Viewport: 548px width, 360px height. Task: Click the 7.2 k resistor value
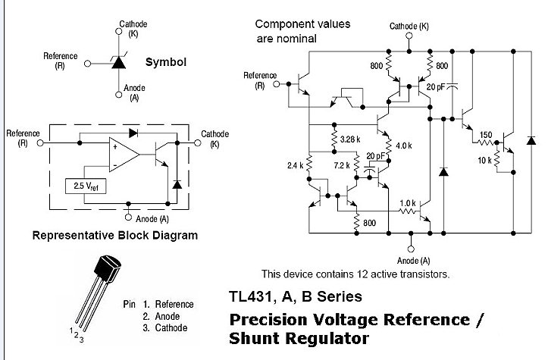[343, 164]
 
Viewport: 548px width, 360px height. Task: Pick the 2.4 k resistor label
[295, 164]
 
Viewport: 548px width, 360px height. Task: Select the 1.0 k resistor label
[408, 202]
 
